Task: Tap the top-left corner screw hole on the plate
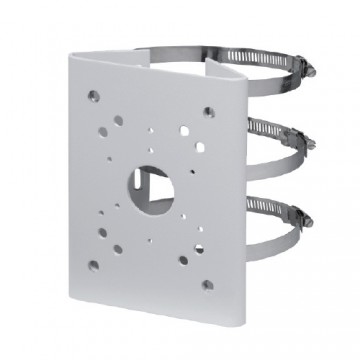[x=92, y=97]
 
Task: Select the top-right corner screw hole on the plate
[x=208, y=112]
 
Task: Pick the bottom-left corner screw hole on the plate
[x=93, y=266]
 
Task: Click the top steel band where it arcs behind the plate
[x=190, y=50]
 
